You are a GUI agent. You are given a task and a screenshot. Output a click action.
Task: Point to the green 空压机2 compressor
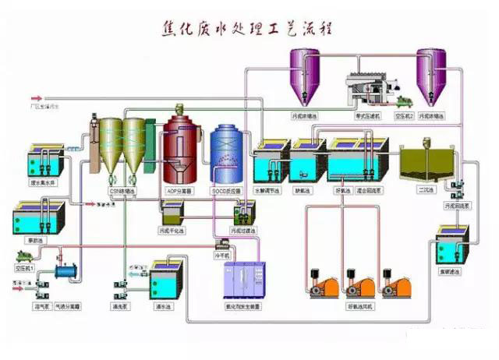pos(405,101)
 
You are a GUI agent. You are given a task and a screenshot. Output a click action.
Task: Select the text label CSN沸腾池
pos(122,189)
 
